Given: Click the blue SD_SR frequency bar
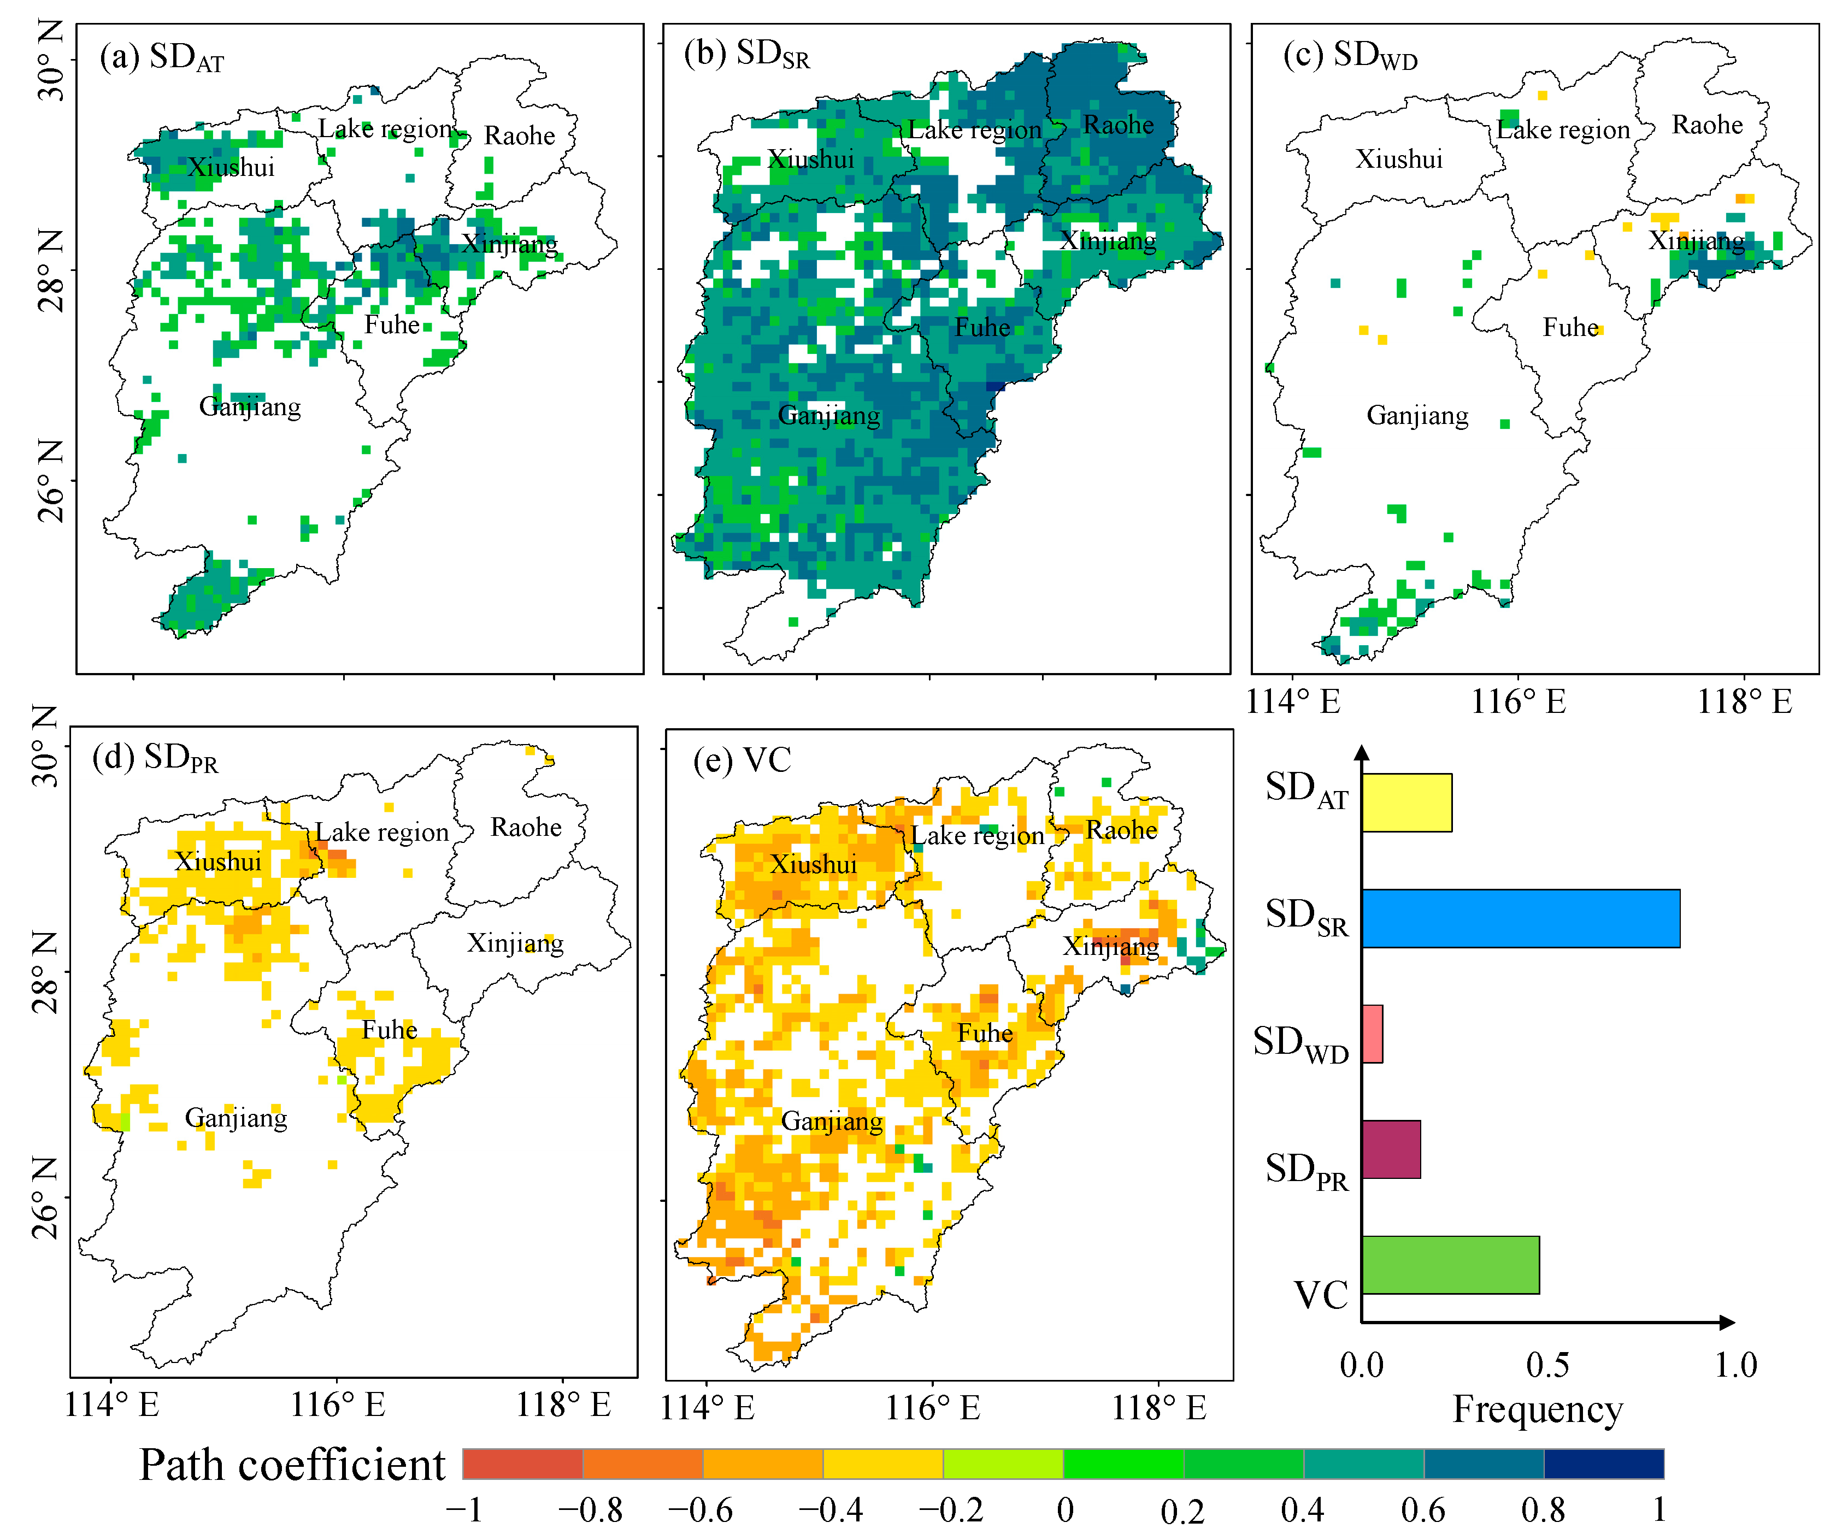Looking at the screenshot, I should click(1520, 918).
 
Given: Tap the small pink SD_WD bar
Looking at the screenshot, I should click(1372, 1034).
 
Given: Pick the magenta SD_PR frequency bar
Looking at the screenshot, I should click(1391, 1149).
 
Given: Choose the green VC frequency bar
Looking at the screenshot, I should click(1449, 1265).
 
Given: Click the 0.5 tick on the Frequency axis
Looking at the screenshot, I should click(1547, 1365).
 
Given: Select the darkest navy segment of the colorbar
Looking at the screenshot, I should click(1603, 1464).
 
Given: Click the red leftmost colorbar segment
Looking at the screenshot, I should click(522, 1464).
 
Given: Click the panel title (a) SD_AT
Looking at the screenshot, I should click(161, 58).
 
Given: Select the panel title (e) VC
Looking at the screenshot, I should click(742, 760).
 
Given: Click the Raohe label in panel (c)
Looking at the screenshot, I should click(1706, 125).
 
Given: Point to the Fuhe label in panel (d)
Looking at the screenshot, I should click(389, 1030).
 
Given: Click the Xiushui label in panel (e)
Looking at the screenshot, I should click(813, 864).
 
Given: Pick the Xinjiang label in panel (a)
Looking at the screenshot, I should click(509, 243).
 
